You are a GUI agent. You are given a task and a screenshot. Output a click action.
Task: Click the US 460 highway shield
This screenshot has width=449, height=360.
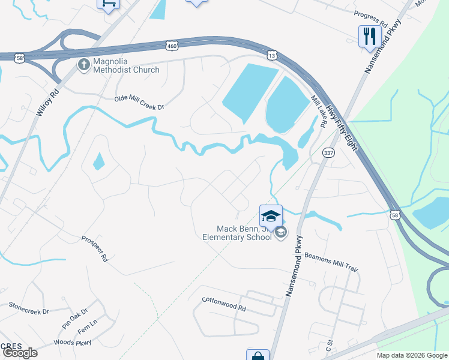[172, 46]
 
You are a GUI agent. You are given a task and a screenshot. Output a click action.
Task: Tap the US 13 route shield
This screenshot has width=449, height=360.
[272, 55]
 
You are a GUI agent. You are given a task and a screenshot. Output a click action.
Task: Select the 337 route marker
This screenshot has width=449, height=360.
[328, 154]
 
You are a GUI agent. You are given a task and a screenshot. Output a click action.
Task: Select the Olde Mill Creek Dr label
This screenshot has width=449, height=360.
[139, 103]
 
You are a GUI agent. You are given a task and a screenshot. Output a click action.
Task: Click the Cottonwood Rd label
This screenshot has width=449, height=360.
[224, 304]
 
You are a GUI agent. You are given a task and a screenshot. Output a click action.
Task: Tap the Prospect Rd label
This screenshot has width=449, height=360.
[94, 248]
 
